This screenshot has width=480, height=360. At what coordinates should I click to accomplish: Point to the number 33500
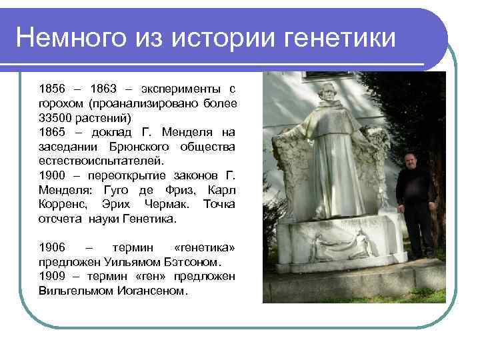coord(56,117)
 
